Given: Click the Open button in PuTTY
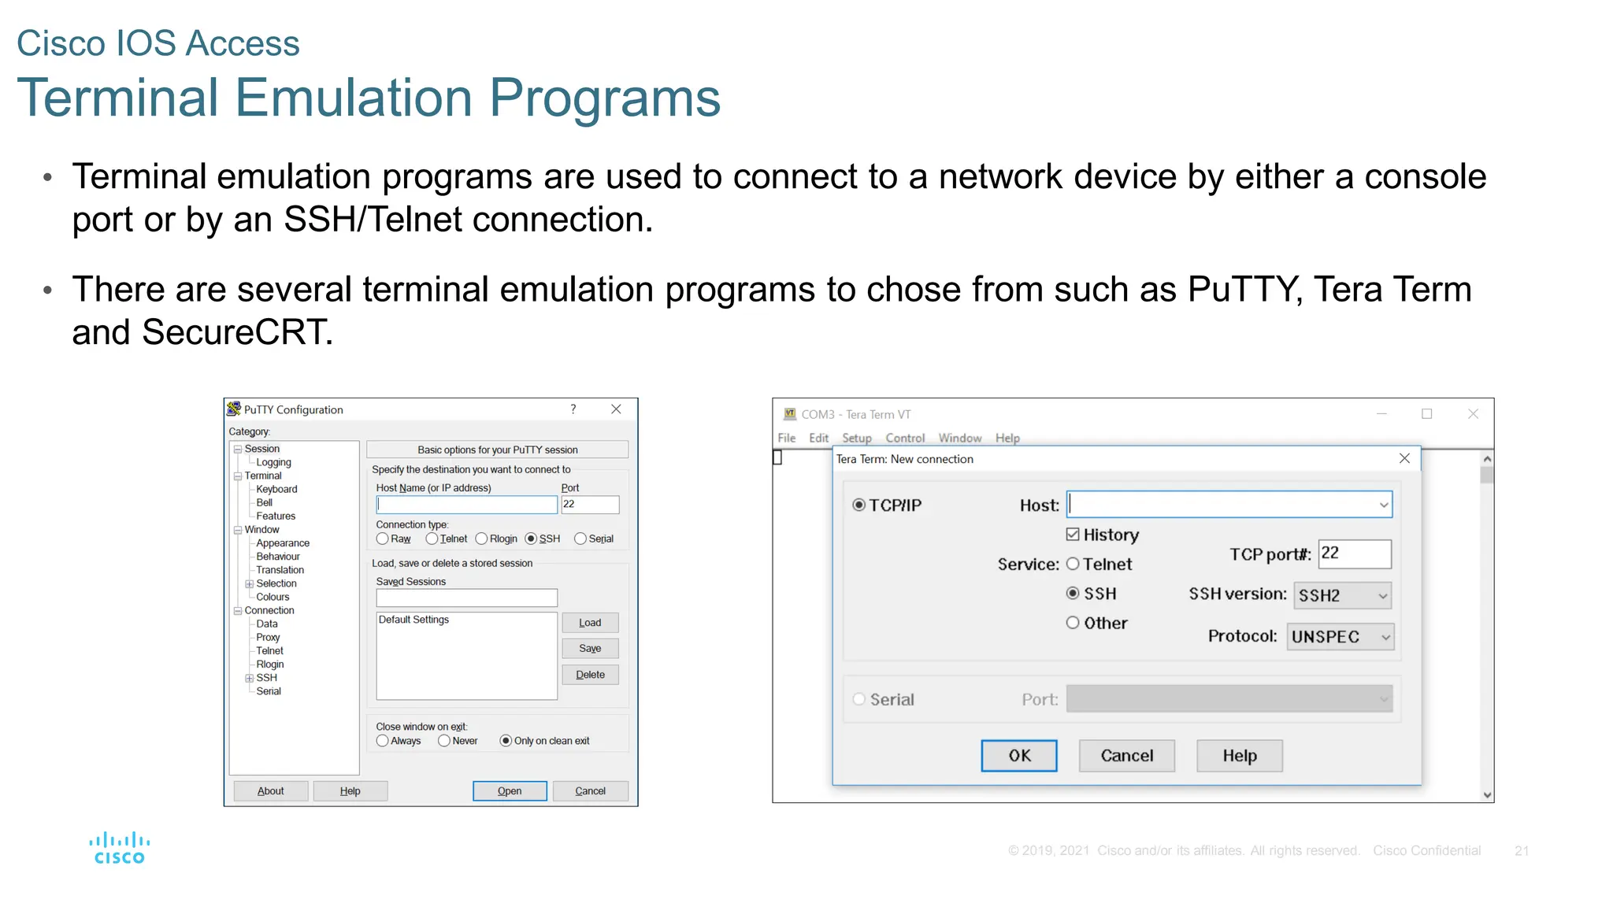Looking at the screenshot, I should coord(509,790).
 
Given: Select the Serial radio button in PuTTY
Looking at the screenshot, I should coord(580,539).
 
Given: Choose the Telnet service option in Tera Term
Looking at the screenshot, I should coord(1073,564).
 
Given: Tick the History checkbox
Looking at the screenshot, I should coord(1073,535).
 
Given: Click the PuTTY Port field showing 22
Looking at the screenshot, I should coord(589,505).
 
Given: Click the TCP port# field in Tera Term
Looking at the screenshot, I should coord(1354,553).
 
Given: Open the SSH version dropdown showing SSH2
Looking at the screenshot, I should coord(1342,596).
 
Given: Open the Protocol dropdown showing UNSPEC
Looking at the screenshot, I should coord(1340,637).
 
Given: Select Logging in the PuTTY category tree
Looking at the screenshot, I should coord(273,462).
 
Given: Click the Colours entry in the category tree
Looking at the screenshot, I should coord(273,597).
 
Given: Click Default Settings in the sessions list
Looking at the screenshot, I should coord(413,620).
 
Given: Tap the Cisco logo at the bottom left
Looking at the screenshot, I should coord(119,848).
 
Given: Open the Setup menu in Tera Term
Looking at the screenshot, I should coord(856,438).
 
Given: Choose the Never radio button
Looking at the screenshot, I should coord(444,741).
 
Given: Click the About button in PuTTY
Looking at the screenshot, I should coord(270,790).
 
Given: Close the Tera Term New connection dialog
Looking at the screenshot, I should coord(1404,458).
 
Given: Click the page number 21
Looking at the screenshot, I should coord(1521,850).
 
